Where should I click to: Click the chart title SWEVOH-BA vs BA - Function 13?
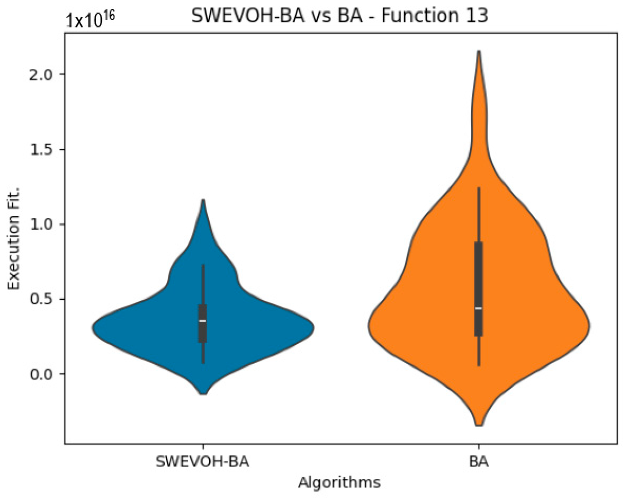point(340,16)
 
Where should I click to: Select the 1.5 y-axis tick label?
point(42,150)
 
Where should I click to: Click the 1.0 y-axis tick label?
point(42,224)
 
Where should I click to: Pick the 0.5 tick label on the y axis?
point(42,299)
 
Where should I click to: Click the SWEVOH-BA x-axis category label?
point(203,462)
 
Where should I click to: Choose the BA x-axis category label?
point(478,462)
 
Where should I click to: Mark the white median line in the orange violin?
point(478,309)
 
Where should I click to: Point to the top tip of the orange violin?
point(479,51)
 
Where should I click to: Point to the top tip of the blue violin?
point(203,200)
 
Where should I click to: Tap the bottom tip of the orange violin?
point(479,425)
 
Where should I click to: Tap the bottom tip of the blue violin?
point(203,393)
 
